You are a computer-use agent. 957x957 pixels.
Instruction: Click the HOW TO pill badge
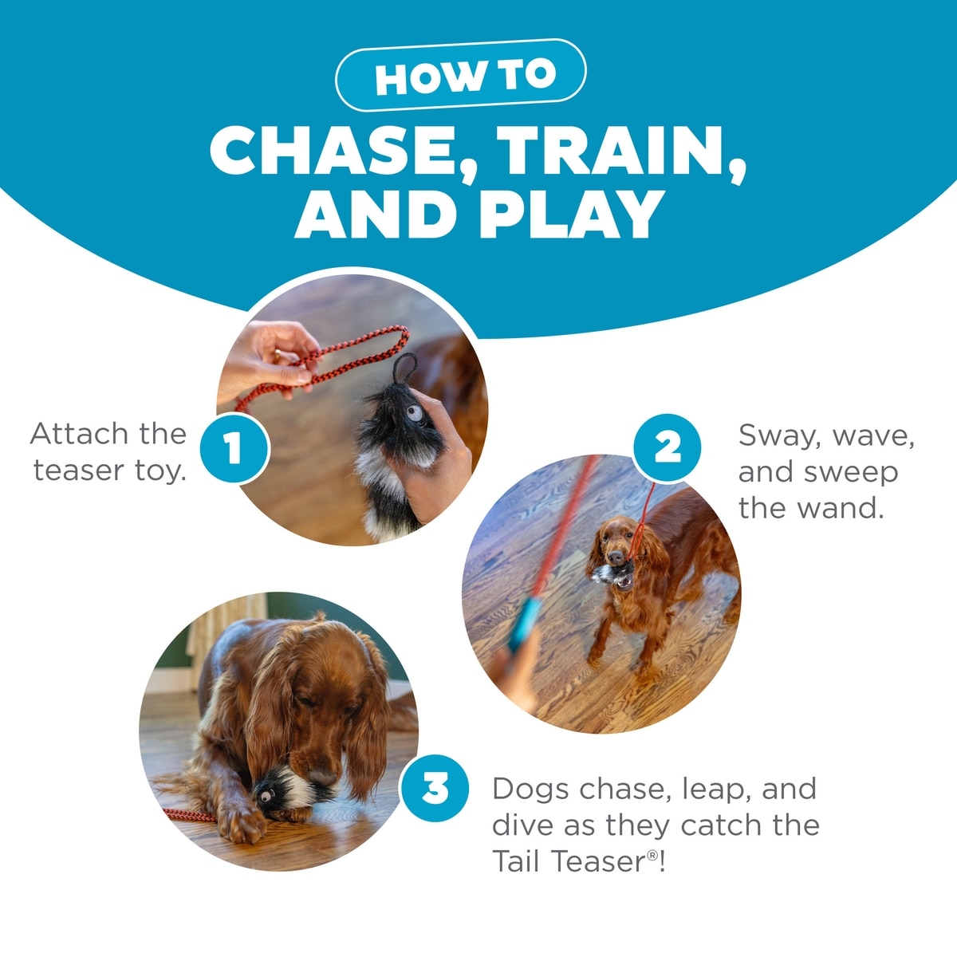pyautogui.click(x=461, y=75)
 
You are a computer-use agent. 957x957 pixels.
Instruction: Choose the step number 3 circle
pyautogui.click(x=435, y=789)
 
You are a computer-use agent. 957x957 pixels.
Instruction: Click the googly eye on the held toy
pyautogui.click(x=414, y=412)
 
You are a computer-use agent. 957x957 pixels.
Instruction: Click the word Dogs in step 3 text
pyautogui.click(x=530, y=789)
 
